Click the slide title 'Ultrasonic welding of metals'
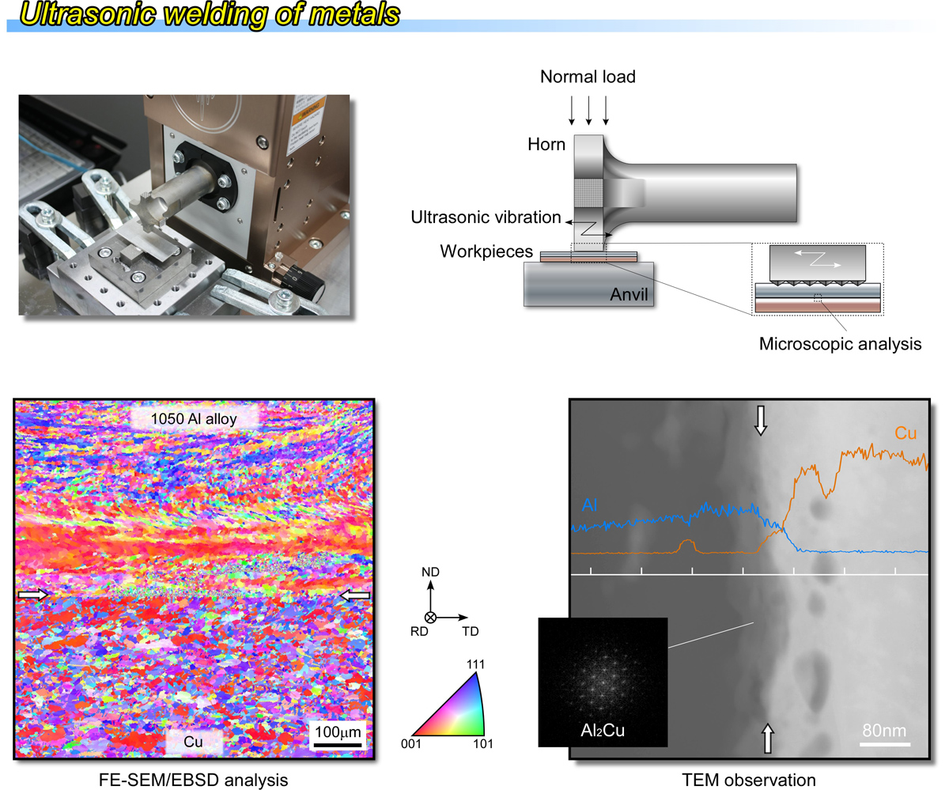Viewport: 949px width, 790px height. [210, 14]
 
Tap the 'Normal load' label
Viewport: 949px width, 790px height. [588, 77]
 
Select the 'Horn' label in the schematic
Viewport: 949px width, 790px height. [546, 145]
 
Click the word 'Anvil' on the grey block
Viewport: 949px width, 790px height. [629, 294]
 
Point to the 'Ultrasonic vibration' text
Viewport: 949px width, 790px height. [486, 217]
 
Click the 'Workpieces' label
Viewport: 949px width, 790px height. [486, 251]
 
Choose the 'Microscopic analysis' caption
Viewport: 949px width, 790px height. [841, 344]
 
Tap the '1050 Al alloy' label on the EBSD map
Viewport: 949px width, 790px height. [194, 418]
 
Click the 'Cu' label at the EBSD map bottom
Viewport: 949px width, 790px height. [193, 742]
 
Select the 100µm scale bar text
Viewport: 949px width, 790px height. [338, 731]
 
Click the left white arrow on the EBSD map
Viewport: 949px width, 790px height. [32, 595]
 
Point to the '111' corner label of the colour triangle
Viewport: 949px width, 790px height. [475, 664]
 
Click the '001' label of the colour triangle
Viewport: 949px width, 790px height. [411, 744]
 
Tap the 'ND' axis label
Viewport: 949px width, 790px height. [430, 573]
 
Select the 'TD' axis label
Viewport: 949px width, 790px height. [471, 631]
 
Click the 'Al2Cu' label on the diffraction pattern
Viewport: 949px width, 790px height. [603, 731]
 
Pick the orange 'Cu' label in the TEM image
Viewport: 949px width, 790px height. [906, 433]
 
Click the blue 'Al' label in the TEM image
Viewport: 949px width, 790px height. [589, 505]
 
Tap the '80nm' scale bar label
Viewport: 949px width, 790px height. [884, 731]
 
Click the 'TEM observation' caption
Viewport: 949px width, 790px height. [749, 780]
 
